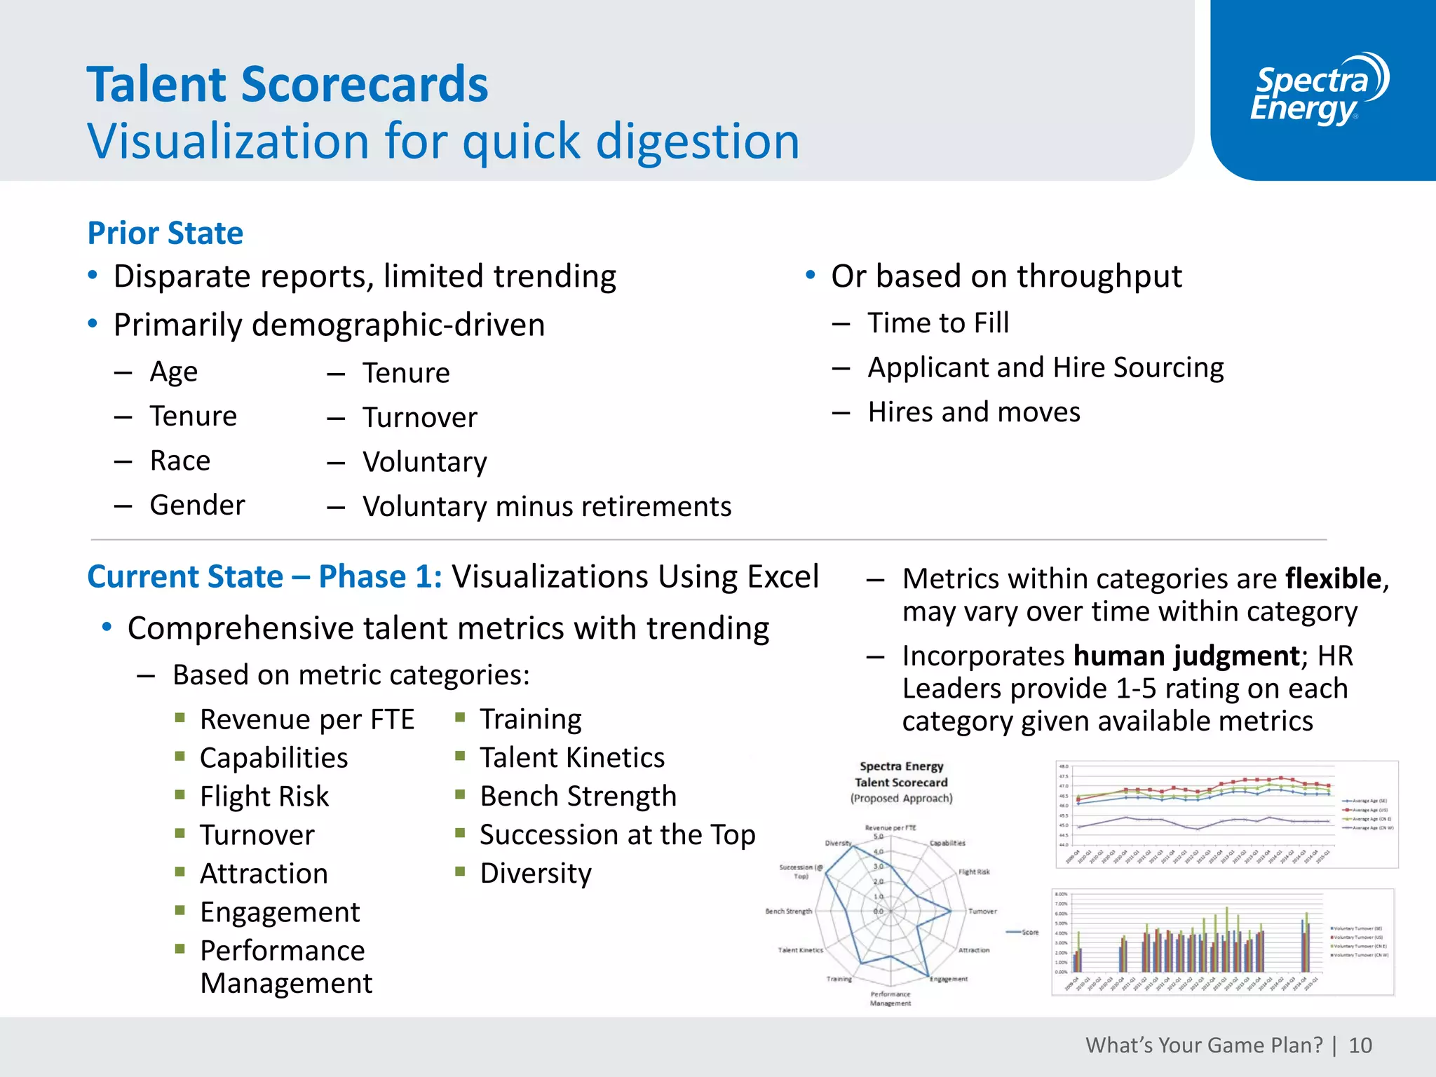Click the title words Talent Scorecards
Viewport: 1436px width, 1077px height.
pyautogui.click(x=287, y=85)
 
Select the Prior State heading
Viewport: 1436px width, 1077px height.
pyautogui.click(x=165, y=233)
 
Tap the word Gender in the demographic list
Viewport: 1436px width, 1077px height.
pyautogui.click(x=197, y=506)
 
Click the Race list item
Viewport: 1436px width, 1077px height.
pyautogui.click(x=180, y=461)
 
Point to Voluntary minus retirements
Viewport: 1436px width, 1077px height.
pyautogui.click(x=547, y=507)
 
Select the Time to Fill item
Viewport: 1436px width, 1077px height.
pyautogui.click(x=938, y=323)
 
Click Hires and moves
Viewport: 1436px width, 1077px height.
pyautogui.click(x=974, y=412)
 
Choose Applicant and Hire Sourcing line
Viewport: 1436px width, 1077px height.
pyautogui.click(x=1045, y=368)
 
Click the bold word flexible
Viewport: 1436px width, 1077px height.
pyautogui.click(x=1333, y=579)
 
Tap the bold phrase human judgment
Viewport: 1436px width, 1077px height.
pyautogui.click(x=1186, y=656)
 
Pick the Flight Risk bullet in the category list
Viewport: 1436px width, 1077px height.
pyautogui.click(x=264, y=797)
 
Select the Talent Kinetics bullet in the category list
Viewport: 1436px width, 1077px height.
pyautogui.click(x=572, y=758)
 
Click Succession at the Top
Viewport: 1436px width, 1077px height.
pyautogui.click(x=617, y=835)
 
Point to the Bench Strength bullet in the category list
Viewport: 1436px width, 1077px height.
pyautogui.click(x=578, y=797)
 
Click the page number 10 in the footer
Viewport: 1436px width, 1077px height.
pyautogui.click(x=1360, y=1045)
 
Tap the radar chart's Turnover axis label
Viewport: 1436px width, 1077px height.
pyautogui.click(x=982, y=912)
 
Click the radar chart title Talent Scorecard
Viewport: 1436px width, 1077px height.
pyautogui.click(x=901, y=783)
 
